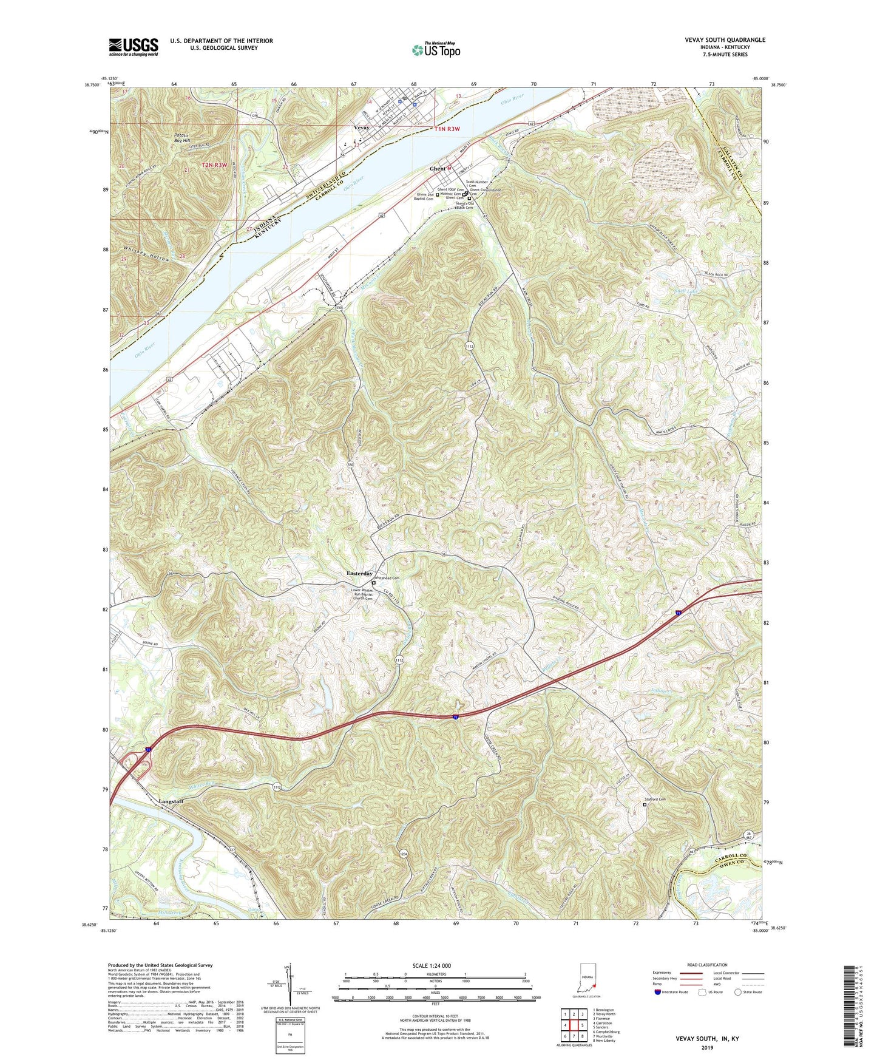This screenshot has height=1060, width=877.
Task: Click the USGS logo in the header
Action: [x=133, y=47]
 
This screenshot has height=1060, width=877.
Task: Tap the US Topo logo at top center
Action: [x=435, y=50]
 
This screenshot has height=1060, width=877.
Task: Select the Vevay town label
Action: [x=362, y=128]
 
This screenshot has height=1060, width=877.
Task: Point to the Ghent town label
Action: [x=438, y=168]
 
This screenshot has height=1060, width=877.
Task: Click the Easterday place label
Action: [x=359, y=573]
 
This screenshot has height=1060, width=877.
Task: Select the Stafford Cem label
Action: [x=658, y=799]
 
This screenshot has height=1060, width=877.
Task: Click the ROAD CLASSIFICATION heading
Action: [x=707, y=965]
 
